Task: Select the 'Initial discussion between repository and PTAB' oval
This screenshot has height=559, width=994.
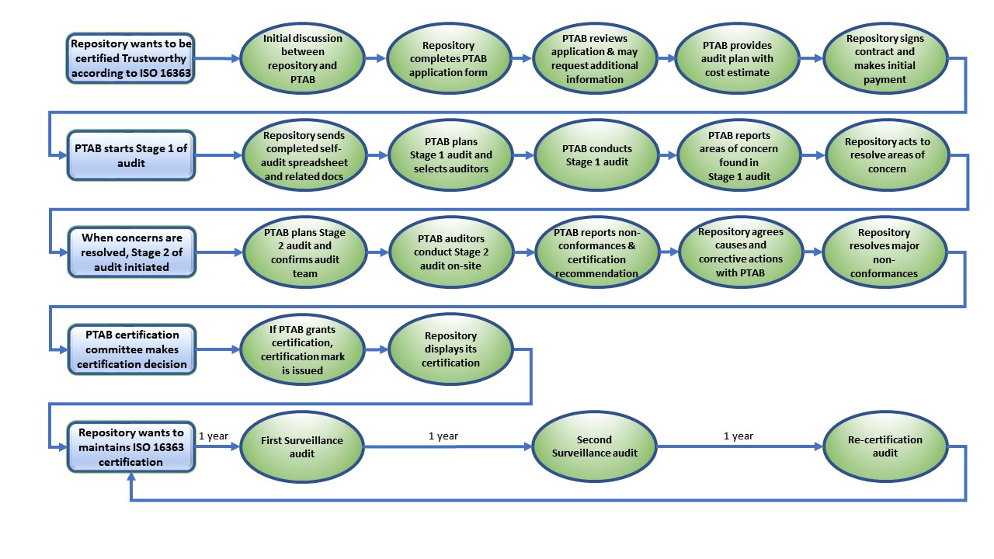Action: click(302, 58)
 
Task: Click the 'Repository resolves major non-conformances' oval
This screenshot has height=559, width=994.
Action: click(884, 252)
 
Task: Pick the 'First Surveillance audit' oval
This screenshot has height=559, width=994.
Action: click(302, 446)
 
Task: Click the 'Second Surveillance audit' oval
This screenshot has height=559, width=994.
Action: click(594, 446)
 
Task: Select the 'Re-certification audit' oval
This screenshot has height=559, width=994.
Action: click(885, 446)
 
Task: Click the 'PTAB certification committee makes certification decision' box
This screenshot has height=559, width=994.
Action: click(130, 349)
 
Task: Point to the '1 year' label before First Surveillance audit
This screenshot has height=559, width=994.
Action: click(214, 436)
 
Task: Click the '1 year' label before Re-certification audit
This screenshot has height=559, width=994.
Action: click(738, 436)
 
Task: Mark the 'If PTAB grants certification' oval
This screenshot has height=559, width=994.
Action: click(302, 349)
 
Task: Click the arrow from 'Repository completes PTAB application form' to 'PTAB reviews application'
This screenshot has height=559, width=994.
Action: click(524, 58)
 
